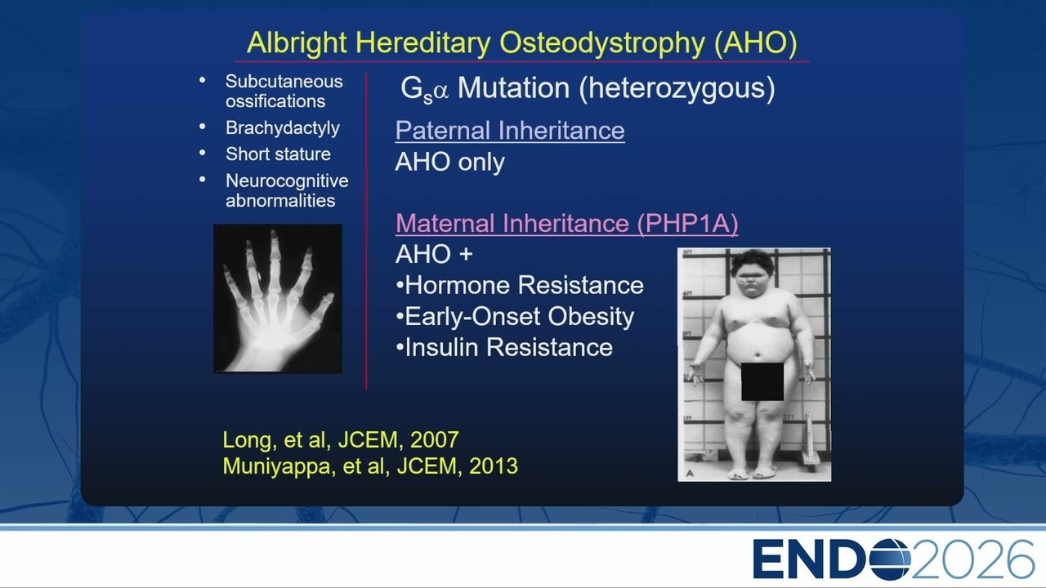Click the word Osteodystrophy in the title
point(602,43)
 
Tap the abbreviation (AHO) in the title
point(756,43)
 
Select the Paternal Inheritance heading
point(510,130)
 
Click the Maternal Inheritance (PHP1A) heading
point(567,223)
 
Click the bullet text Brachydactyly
point(283,128)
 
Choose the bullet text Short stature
point(278,154)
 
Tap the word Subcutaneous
point(284,81)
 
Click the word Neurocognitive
point(287,181)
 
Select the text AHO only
point(449,163)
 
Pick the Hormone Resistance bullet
point(519,285)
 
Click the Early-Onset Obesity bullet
point(515,317)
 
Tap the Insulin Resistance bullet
point(504,348)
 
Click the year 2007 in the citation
point(434,439)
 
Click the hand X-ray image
point(278,299)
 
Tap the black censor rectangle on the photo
point(762,381)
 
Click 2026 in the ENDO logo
point(972,559)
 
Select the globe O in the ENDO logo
point(890,559)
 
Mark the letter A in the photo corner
point(690,473)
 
